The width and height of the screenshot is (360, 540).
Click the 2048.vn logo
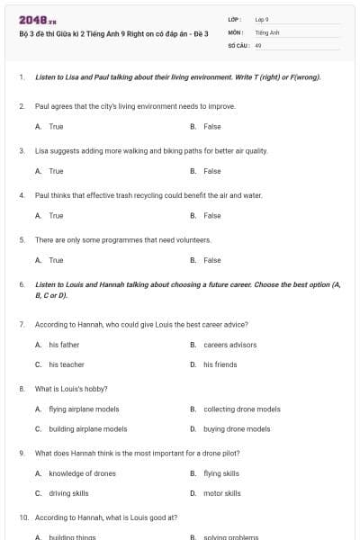tap(38, 19)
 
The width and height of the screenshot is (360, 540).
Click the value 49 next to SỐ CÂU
tap(258, 43)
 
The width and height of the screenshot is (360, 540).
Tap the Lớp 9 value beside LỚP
tap(262, 19)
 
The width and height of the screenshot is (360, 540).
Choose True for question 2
tap(56, 127)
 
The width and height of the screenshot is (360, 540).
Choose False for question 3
tap(211, 171)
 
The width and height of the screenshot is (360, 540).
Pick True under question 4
tap(56, 216)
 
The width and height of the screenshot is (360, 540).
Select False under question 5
tap(211, 260)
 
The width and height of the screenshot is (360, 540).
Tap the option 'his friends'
tap(220, 364)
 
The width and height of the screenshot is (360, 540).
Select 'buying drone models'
tap(236, 429)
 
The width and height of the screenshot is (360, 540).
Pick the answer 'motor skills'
tap(221, 493)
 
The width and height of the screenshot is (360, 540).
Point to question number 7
tap(22, 324)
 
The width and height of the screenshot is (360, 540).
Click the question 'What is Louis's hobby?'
tap(71, 389)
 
